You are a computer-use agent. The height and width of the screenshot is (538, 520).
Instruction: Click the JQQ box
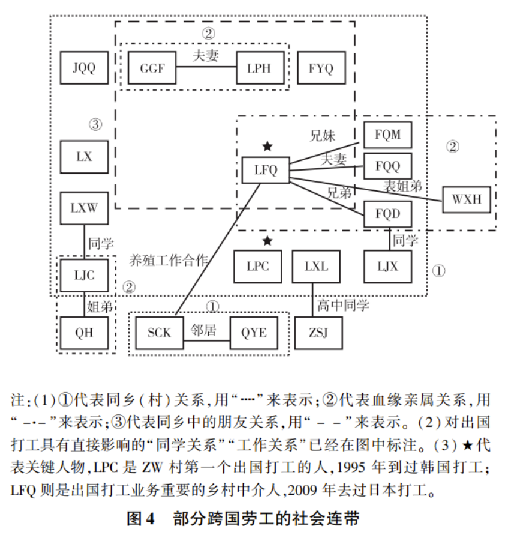click(85, 67)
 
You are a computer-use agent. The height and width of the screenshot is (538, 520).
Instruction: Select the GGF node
click(152, 67)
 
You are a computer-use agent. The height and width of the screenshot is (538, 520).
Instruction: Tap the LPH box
click(259, 67)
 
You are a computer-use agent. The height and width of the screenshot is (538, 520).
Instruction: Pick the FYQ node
click(321, 67)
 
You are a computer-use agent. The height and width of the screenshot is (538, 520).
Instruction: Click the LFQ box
click(266, 170)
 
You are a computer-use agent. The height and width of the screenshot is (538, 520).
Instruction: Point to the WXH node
click(466, 199)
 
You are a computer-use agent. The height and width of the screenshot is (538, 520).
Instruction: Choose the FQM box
click(387, 134)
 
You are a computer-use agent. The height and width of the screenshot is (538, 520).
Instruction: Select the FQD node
click(387, 213)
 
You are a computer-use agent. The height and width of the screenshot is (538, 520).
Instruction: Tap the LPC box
click(258, 266)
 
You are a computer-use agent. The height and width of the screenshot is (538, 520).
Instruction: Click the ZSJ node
click(318, 332)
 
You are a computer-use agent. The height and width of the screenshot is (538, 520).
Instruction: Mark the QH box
click(85, 332)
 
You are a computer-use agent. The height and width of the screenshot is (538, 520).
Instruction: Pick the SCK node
click(159, 332)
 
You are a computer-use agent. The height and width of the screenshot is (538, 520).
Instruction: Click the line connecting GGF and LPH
click(206, 67)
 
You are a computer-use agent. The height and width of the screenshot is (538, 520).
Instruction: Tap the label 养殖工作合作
click(169, 261)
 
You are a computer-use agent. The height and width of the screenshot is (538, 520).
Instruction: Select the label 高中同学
click(344, 306)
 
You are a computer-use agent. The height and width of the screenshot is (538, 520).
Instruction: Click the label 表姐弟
click(402, 186)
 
